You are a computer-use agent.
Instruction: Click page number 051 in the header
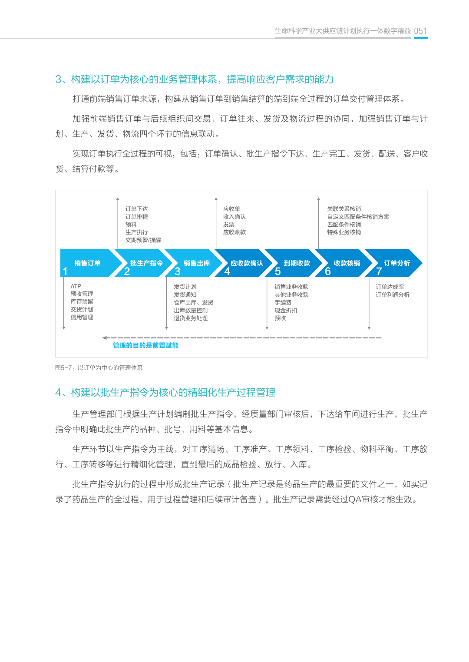(420, 31)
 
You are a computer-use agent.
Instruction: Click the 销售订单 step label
(87, 263)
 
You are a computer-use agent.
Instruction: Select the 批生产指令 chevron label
(146, 263)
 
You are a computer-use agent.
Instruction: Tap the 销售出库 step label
(197, 263)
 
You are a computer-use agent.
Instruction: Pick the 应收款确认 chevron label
(247, 263)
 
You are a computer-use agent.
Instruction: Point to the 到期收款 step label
(297, 263)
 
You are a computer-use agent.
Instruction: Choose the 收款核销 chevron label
(347, 263)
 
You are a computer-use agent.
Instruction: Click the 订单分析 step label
(397, 263)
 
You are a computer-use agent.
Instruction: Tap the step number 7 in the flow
(379, 271)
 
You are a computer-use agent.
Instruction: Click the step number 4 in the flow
(227, 271)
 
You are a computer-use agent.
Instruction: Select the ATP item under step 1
(76, 286)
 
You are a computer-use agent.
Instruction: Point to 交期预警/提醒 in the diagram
(143, 240)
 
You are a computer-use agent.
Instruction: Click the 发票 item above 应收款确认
(229, 225)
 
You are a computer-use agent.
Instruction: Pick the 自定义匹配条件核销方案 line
(358, 217)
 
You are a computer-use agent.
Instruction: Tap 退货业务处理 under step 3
(191, 318)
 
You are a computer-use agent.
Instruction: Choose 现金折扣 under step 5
(286, 310)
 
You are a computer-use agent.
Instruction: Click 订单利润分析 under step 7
(393, 295)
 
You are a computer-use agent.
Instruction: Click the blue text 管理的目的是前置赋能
(145, 345)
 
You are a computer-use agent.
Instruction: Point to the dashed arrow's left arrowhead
(105, 338)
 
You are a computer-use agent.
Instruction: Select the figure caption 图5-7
(99, 368)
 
